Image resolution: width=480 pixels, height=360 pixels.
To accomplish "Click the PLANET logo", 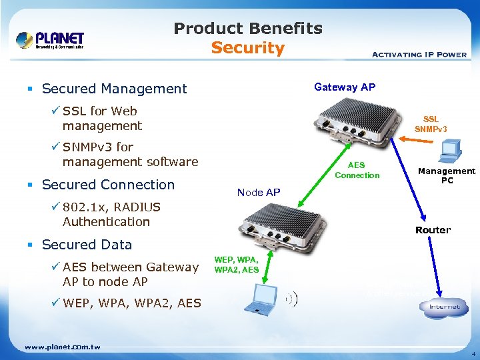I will pos(50,40).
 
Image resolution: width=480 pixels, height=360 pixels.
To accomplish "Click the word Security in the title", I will pos(247,48).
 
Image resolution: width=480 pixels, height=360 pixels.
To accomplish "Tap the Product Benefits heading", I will pos(247,29).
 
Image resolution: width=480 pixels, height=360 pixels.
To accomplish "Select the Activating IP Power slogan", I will pos(418,54).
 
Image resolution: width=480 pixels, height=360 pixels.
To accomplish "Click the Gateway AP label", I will pos(345,87).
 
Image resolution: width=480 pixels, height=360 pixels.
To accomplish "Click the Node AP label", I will pos(259,193).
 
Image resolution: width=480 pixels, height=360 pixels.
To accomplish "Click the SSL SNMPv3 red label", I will pos(431,124).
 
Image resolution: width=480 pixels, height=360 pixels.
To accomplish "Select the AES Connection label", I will pos(357,170).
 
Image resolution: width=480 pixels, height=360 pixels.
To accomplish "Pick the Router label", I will pos(433,230).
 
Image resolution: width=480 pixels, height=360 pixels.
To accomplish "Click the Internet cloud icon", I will pos(443,306).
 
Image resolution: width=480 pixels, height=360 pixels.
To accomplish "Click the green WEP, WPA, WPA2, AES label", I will pos(236,265).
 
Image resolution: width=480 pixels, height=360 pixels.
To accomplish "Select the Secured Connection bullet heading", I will pos(108,185).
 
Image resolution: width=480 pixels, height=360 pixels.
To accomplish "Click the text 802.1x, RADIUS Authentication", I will pos(106,214).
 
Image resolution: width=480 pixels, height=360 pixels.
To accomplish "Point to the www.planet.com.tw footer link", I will pos(62,347).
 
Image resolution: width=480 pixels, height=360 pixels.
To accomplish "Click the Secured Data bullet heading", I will pos(87,245).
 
